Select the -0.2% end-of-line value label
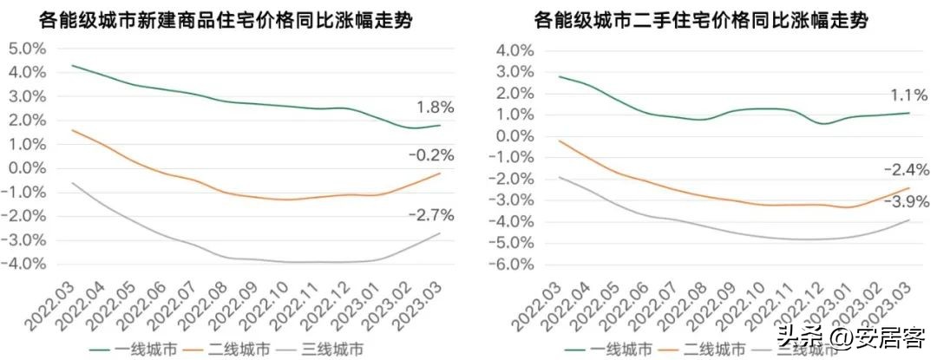427,155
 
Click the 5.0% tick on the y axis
29,49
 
